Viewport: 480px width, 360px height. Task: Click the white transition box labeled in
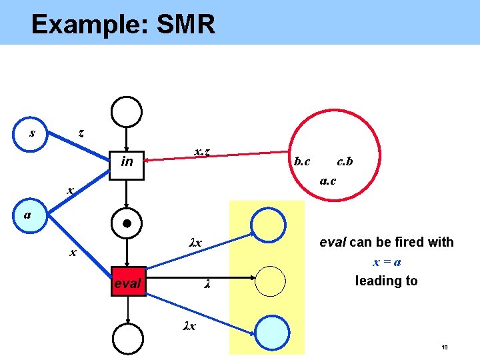(127, 161)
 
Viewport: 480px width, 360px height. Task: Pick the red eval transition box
(127, 283)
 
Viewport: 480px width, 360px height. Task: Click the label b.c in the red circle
(302, 161)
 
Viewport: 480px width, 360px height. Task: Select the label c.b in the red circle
(345, 161)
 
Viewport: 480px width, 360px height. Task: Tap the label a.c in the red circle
(327, 180)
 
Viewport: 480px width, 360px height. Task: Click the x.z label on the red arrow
(203, 153)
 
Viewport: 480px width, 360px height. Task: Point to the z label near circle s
(81, 133)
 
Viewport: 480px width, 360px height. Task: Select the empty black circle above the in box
(127, 111)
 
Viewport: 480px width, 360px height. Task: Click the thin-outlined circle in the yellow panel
(270, 281)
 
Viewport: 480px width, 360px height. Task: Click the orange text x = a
(387, 262)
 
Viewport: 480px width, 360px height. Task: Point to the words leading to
(387, 281)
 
